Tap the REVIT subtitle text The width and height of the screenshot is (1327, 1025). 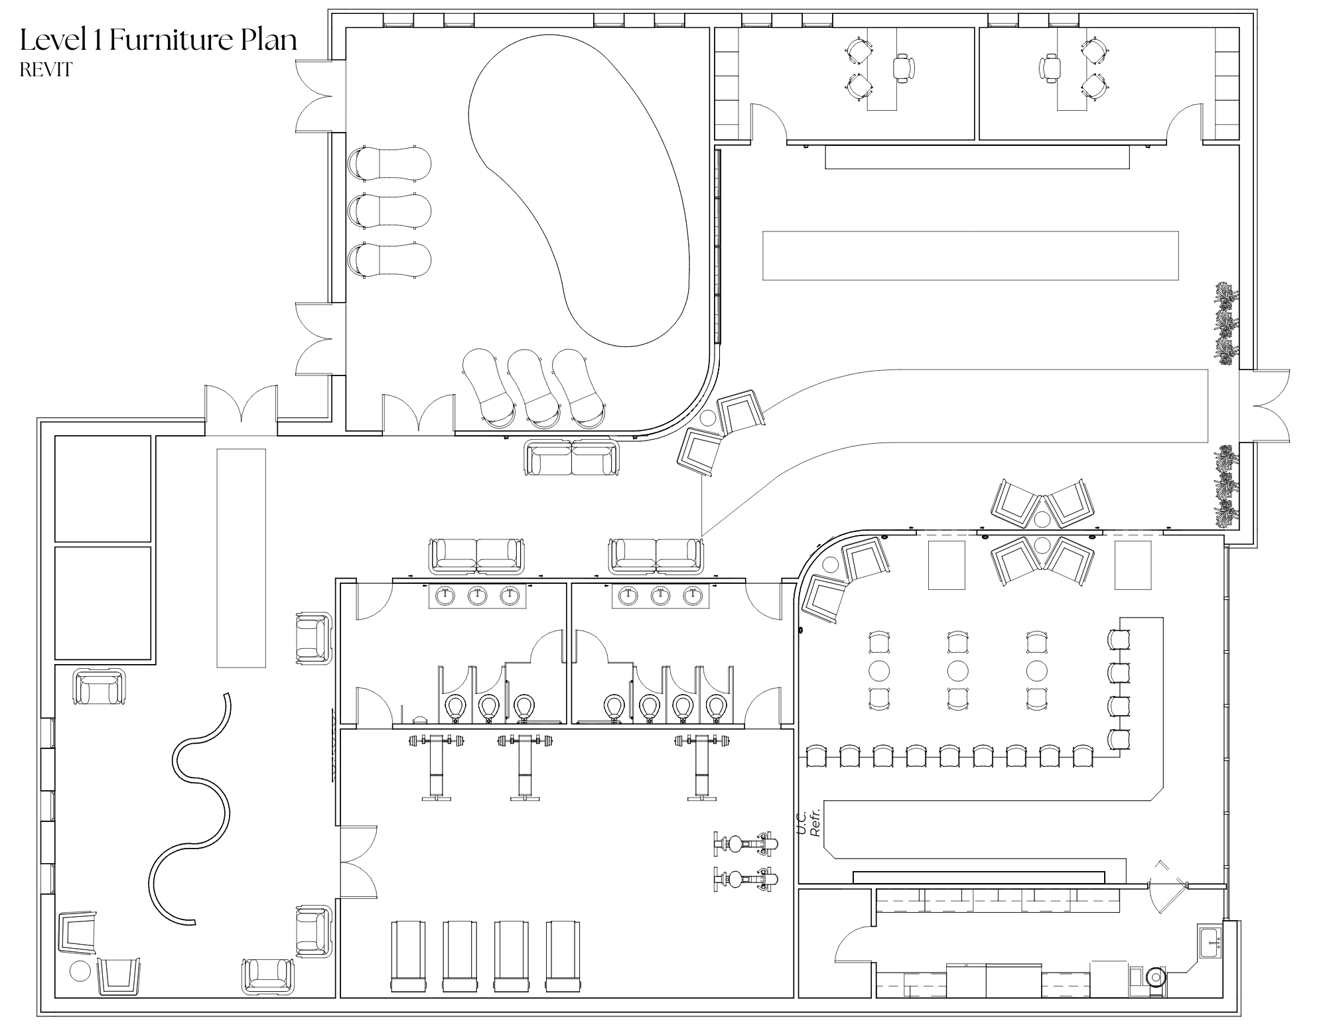point(46,70)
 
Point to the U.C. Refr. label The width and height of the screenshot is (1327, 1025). point(809,823)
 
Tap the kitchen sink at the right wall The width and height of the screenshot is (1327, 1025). point(1211,942)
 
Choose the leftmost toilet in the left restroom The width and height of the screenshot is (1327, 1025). point(455,706)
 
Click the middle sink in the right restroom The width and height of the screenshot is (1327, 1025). point(660,596)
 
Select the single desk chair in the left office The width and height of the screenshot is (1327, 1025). point(903,68)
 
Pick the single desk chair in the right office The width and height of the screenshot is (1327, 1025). point(1050,68)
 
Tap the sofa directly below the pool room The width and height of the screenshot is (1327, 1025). point(571,458)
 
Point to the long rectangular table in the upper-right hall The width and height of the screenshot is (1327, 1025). point(970,255)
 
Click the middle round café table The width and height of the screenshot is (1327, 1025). point(957,671)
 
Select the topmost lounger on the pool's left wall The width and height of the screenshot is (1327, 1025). point(389,163)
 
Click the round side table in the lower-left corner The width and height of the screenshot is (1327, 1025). point(80,971)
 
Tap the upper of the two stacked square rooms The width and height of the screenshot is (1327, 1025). point(103,488)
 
